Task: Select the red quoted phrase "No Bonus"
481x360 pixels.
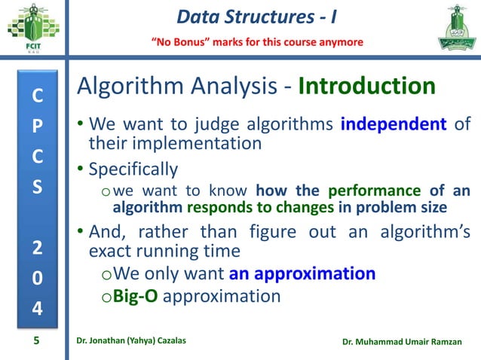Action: tap(182, 41)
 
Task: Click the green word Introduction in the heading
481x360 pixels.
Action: tap(367, 87)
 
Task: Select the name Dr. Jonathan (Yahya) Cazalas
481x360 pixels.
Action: tap(131, 343)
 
